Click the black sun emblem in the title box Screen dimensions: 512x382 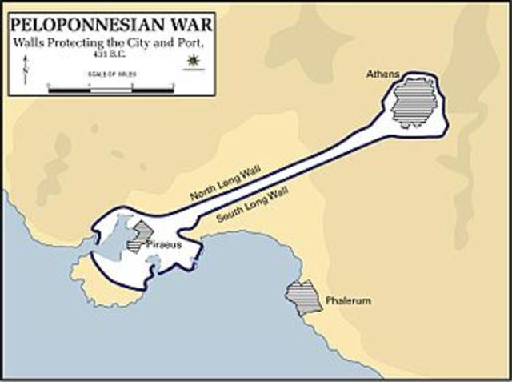pos(191,62)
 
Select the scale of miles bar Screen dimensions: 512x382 pos(111,89)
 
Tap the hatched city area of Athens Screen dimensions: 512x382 pos(412,102)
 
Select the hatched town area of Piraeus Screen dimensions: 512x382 pos(142,235)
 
